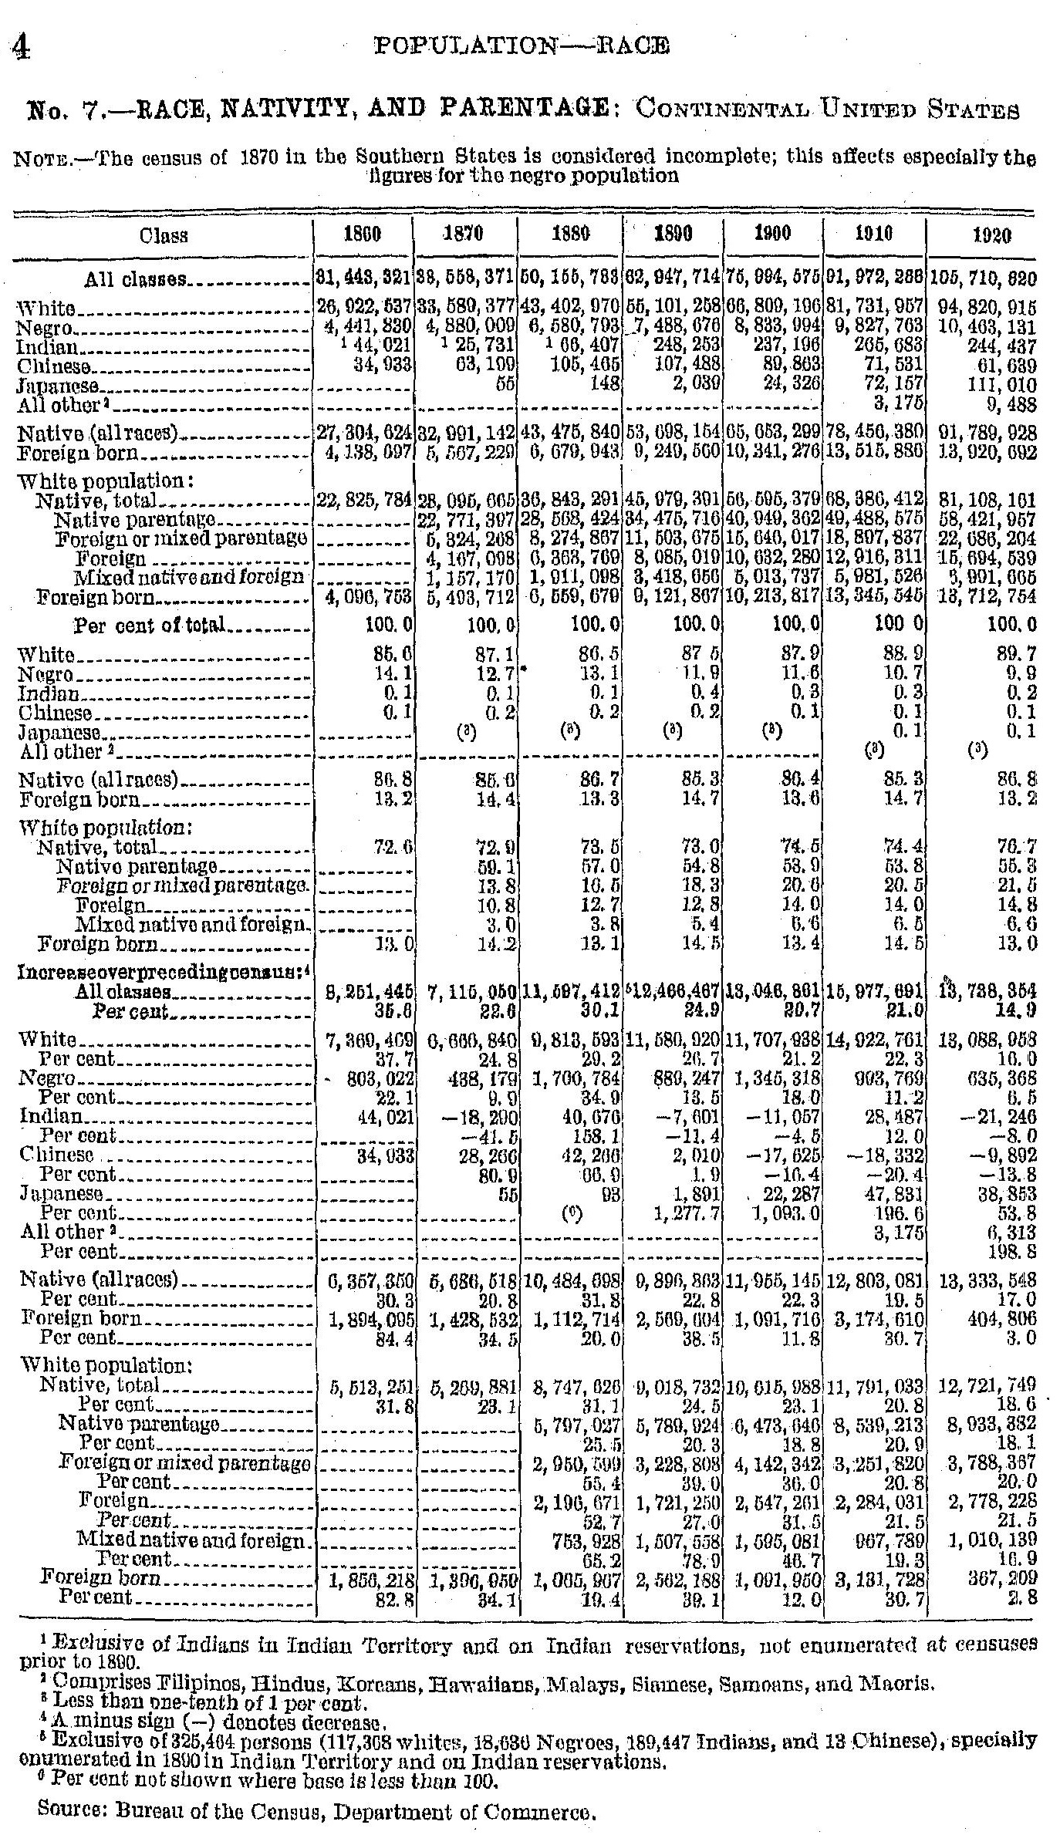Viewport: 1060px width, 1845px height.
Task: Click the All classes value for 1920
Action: (982, 278)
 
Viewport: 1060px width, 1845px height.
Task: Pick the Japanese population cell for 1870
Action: (505, 385)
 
